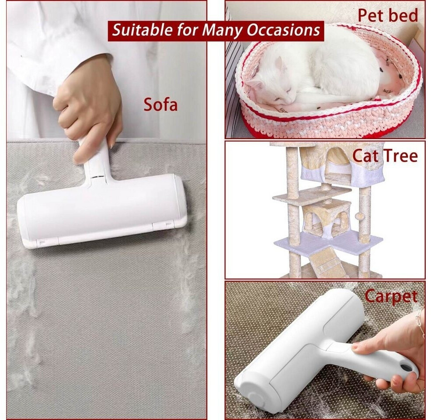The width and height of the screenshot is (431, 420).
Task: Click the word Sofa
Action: click(x=160, y=105)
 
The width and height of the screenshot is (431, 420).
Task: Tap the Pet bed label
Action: click(x=388, y=15)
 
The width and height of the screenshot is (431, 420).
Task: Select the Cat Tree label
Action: click(x=385, y=156)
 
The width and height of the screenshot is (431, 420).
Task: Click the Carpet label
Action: click(x=391, y=297)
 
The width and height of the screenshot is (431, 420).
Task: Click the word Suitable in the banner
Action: click(x=142, y=29)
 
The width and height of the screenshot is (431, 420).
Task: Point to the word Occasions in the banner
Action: click(x=283, y=30)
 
